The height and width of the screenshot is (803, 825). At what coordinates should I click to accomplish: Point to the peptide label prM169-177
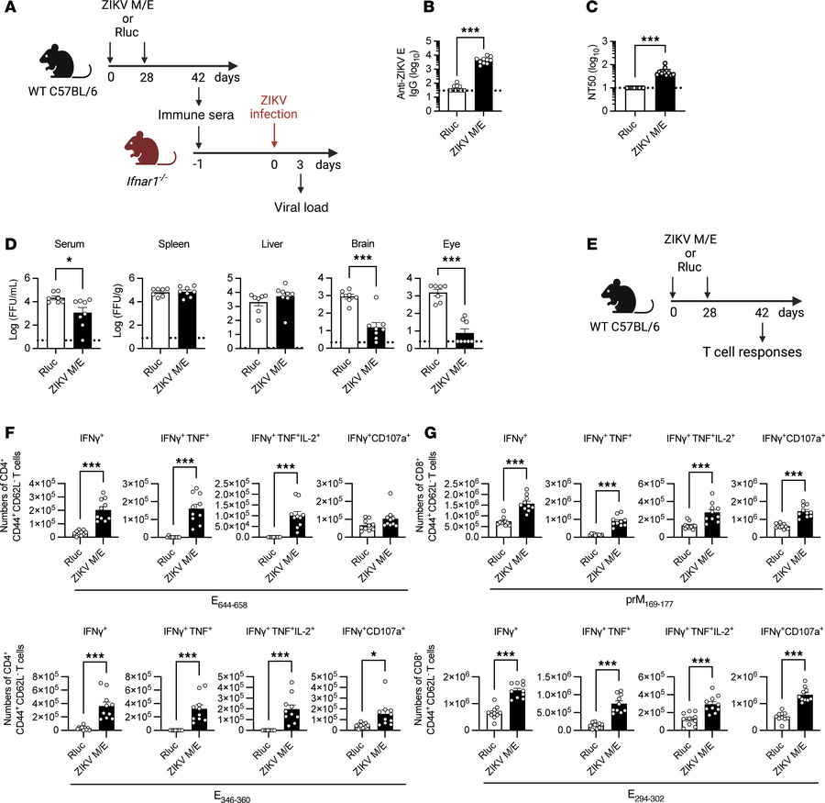(634, 575)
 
